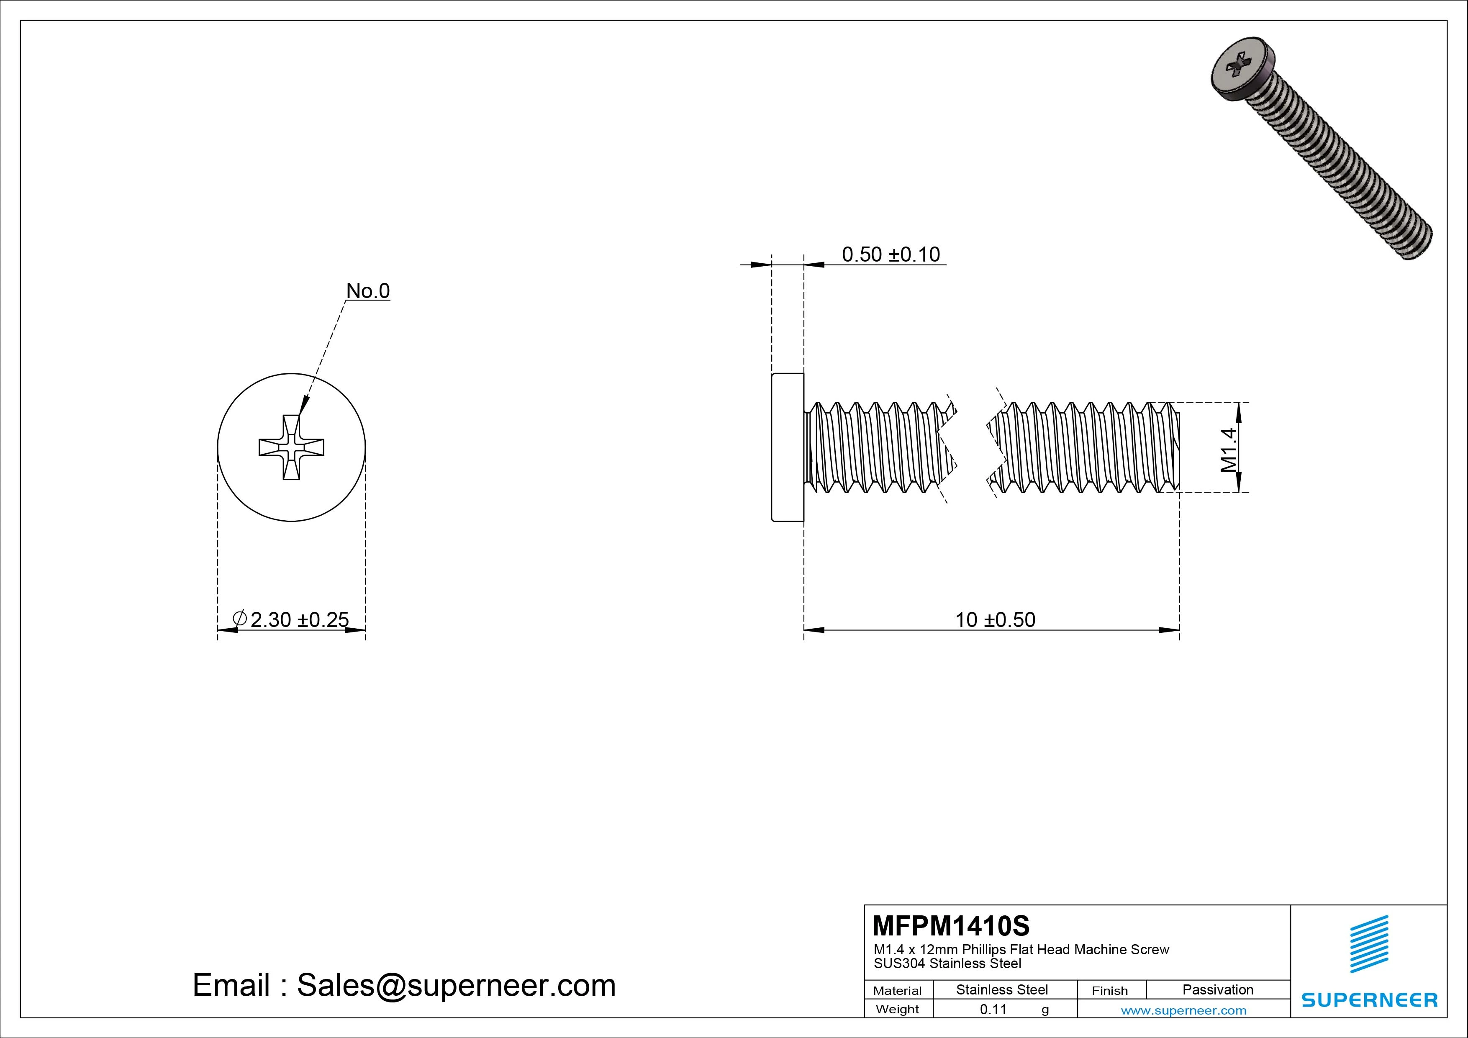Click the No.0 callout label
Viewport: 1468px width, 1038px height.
click(368, 291)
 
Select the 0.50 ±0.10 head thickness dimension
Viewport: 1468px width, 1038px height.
click(890, 254)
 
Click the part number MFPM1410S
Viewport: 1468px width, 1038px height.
click(951, 925)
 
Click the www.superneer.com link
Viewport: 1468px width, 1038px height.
click(1183, 1010)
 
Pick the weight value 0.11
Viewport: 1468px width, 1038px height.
click(993, 1009)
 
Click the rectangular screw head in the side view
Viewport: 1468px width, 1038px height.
click(788, 447)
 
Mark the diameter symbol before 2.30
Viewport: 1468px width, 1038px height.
click(240, 619)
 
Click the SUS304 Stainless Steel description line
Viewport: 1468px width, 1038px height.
click(947, 963)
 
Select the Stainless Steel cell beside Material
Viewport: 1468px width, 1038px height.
click(1002, 989)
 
